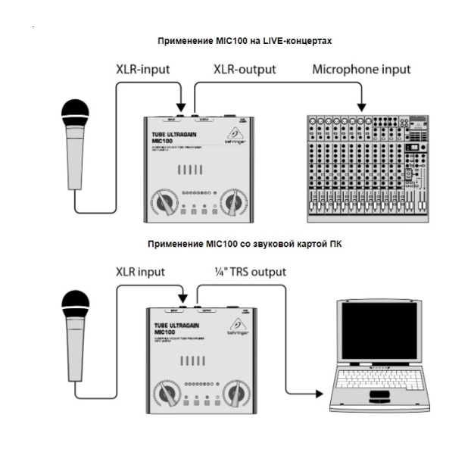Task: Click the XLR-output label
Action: click(x=245, y=70)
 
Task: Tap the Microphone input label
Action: click(x=361, y=70)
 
